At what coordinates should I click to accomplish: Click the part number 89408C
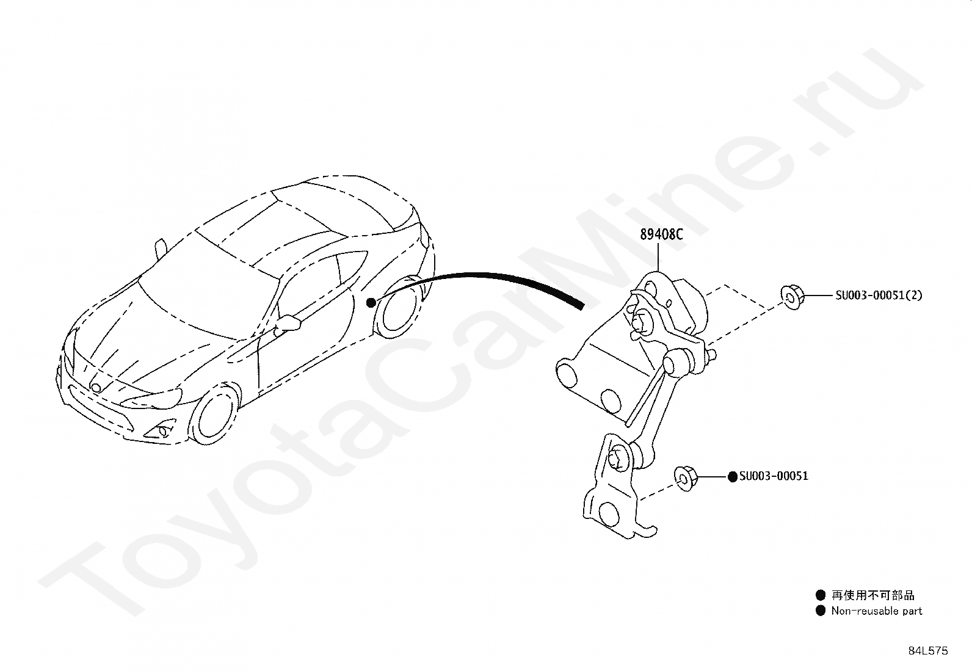click(661, 234)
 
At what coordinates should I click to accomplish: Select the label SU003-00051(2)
click(879, 296)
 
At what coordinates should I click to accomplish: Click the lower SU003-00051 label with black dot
click(773, 476)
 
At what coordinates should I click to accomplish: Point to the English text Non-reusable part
click(876, 611)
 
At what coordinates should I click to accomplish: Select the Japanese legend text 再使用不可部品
click(873, 595)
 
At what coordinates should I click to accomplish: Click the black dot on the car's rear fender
click(371, 302)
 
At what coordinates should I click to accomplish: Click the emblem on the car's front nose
click(96, 387)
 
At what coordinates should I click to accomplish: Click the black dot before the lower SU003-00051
click(733, 476)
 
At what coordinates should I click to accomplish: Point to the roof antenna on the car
click(161, 248)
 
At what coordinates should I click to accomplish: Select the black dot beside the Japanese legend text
click(820, 595)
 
